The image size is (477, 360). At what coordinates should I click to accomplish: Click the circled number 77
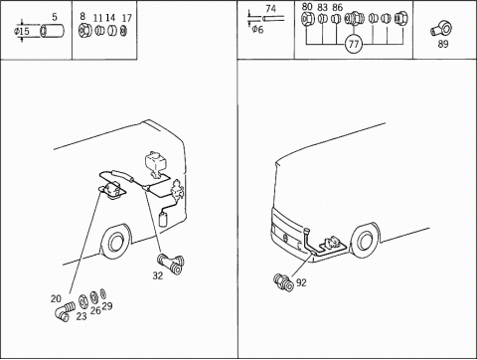(354, 44)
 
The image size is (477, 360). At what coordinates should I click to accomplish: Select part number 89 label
(443, 44)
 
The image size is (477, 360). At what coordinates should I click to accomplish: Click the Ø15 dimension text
(22, 32)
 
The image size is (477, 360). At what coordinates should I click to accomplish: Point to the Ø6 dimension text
(257, 30)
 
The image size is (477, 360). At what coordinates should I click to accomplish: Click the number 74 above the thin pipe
(270, 9)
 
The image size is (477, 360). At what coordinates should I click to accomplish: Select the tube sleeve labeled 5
(52, 31)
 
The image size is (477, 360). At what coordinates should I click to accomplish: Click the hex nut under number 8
(84, 31)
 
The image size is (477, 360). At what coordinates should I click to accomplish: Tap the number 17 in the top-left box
(127, 18)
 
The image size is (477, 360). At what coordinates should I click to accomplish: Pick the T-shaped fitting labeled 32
(171, 264)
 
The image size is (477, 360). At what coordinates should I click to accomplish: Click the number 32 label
(158, 275)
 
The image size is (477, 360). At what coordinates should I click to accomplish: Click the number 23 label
(81, 316)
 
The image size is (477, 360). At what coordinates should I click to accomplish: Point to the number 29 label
(107, 306)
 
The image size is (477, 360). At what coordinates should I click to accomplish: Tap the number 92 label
(301, 282)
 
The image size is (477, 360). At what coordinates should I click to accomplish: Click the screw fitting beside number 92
(284, 282)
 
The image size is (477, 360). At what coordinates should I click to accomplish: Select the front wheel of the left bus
(115, 243)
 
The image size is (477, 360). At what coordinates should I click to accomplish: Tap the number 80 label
(307, 7)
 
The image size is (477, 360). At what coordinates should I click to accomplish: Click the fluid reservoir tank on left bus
(154, 162)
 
